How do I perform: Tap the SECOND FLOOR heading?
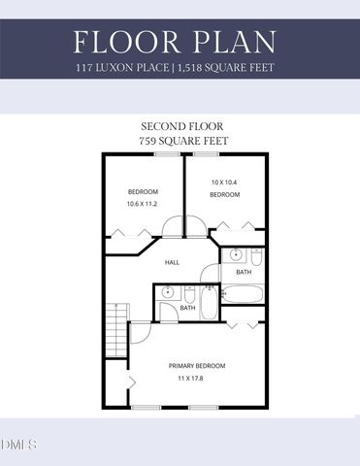[x=180, y=126]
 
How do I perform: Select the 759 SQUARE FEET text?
[x=180, y=142]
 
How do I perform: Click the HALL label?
[x=172, y=262]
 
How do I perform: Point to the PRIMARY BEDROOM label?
[x=197, y=365]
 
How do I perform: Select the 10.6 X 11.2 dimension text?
[x=143, y=205]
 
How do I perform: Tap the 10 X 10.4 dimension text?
[x=226, y=182]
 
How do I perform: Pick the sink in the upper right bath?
[x=236, y=256]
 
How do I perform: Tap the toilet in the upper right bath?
[x=255, y=257]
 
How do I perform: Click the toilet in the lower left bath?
[x=190, y=294]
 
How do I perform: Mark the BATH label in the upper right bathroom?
[x=244, y=272]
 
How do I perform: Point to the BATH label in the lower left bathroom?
[x=187, y=309]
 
